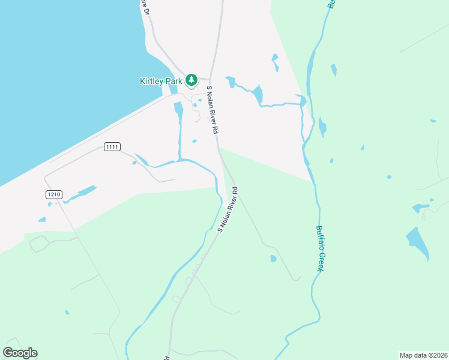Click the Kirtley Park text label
click(161, 80)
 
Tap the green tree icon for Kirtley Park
click(191, 79)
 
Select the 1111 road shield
click(112, 147)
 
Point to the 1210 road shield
click(53, 194)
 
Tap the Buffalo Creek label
click(321, 248)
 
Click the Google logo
click(20, 353)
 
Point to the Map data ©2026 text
click(423, 355)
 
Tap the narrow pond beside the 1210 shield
click(80, 194)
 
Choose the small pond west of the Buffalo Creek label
click(274, 259)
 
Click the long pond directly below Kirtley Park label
click(178, 111)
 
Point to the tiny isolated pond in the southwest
click(67, 312)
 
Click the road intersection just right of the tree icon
click(209, 79)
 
